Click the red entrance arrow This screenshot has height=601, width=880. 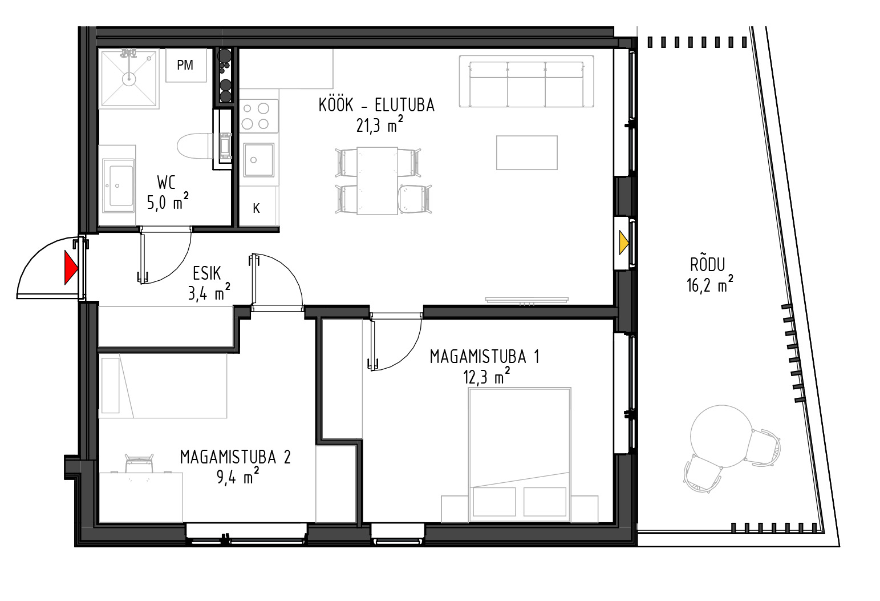coord(71,268)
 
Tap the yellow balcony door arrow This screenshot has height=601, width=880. coord(624,243)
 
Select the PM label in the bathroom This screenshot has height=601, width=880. coord(185,65)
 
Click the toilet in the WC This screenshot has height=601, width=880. coord(195,146)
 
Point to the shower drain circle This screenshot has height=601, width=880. coord(128,79)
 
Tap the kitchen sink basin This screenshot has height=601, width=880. coord(258,160)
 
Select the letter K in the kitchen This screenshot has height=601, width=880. coord(256,208)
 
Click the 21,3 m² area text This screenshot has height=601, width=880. coord(379,125)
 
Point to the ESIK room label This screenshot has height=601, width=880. coord(207,273)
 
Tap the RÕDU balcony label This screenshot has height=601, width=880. coord(708,265)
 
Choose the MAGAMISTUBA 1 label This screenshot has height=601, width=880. coord(484,357)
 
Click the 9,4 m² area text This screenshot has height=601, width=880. coord(238,477)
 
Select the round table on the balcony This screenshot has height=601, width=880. coord(721,436)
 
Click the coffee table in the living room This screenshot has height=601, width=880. coord(527,153)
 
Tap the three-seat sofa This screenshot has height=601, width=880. coord(526,82)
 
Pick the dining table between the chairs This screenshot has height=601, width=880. coord(377,181)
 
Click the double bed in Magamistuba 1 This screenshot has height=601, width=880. coord(520,455)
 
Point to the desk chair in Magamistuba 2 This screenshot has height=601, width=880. coord(139,463)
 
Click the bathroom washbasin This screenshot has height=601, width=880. coord(118,185)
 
